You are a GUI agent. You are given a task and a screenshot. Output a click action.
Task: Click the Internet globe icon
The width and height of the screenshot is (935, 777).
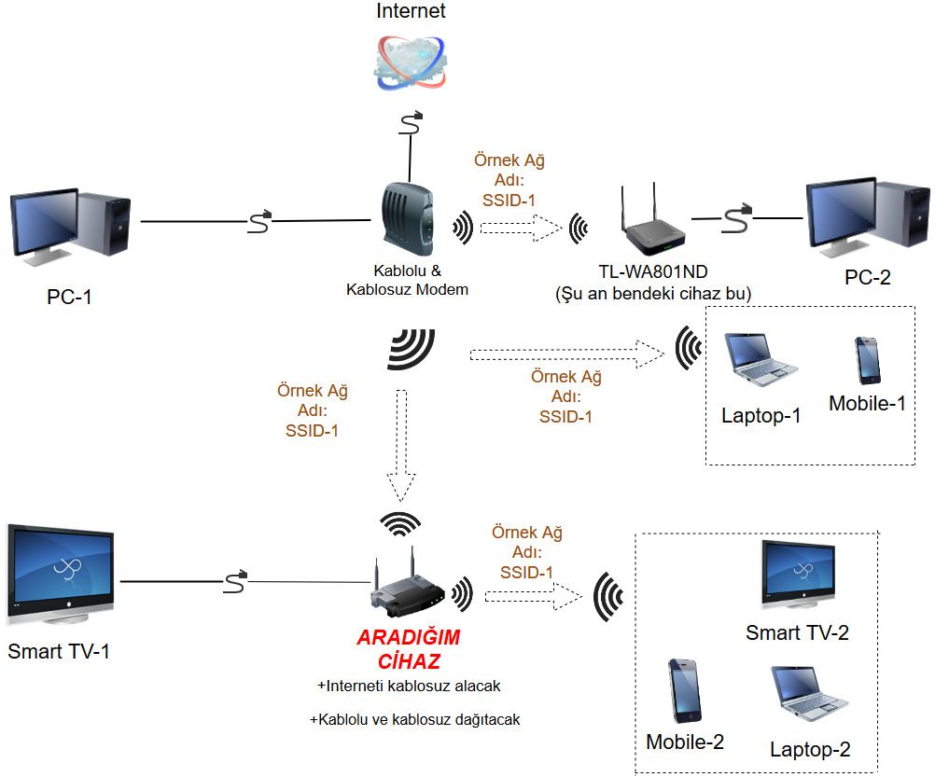click(x=410, y=62)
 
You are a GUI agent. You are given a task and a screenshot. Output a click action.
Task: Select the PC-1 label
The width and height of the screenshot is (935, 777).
click(x=69, y=298)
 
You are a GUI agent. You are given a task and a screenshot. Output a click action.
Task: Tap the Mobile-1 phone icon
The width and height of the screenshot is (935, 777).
click(x=868, y=360)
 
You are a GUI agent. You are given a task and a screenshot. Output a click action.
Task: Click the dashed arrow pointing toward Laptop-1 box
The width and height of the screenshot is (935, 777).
click(x=568, y=354)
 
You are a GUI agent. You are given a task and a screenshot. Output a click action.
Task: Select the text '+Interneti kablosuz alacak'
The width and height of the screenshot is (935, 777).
click(x=409, y=686)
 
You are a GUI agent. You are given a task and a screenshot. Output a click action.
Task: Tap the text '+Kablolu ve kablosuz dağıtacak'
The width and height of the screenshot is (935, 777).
click(x=414, y=720)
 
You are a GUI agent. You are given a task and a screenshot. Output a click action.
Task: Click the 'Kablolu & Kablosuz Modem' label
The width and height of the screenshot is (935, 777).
click(x=407, y=281)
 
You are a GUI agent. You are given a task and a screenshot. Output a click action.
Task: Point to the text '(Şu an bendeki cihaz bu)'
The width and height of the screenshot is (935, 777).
click(x=653, y=294)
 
